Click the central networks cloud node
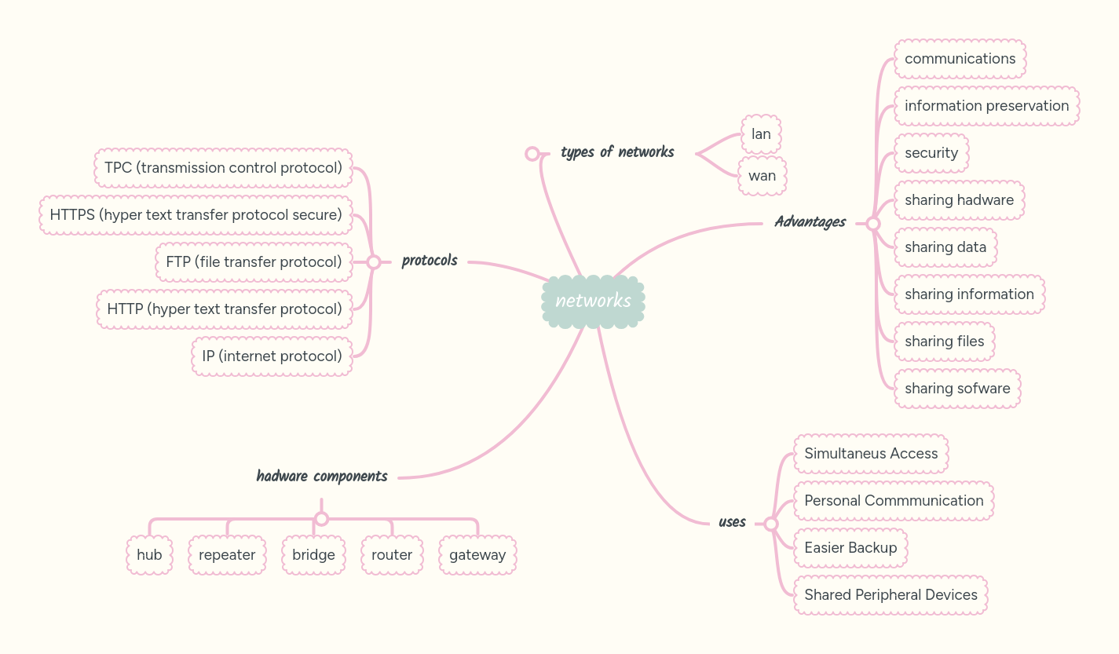pos(593,301)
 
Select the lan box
pos(761,134)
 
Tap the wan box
pos(762,176)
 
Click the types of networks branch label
pos(617,152)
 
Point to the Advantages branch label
pos(810,222)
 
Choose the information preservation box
pos(986,106)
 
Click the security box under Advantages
pos(931,153)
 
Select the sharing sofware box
pos(957,389)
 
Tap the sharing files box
pos(944,342)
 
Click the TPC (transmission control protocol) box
pos(223,168)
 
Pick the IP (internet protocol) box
pos(272,356)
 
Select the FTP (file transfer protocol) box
pos(254,262)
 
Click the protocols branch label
pos(430,261)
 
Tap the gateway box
pos(477,555)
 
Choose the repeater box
pos(227,555)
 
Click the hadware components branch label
pos(322,476)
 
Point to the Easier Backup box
pos(850,548)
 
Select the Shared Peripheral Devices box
pos(890,595)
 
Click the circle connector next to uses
pos(771,524)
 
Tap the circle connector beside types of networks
pos(532,153)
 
